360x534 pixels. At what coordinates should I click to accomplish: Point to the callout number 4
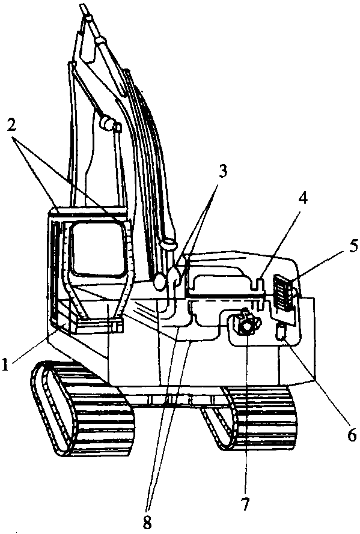pyautogui.click(x=302, y=198)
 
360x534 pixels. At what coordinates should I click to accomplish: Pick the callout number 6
pyautogui.click(x=352, y=434)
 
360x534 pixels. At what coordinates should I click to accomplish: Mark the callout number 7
pyautogui.click(x=245, y=503)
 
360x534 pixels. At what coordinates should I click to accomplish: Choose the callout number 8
pyautogui.click(x=147, y=523)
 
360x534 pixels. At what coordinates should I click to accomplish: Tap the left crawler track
pyautogui.click(x=82, y=408)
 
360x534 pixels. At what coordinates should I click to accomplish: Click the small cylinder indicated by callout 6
pyautogui.click(x=280, y=332)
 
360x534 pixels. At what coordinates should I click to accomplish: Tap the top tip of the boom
pyautogui.click(x=82, y=6)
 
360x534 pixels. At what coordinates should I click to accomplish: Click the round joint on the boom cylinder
pyautogui.click(x=106, y=122)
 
